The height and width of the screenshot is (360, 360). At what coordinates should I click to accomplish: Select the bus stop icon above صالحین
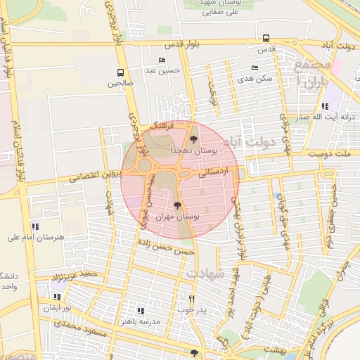120,72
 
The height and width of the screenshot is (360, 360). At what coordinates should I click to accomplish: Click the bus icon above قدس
266,39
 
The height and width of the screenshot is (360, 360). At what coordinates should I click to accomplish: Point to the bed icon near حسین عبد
162,60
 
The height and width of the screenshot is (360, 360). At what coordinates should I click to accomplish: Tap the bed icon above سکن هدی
255,68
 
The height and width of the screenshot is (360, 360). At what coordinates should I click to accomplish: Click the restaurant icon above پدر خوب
191,298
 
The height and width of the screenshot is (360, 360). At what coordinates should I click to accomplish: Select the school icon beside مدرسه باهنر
141,310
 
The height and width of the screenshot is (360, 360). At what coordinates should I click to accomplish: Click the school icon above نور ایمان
56,297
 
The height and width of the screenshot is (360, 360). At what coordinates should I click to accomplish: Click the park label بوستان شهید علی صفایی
216,8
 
